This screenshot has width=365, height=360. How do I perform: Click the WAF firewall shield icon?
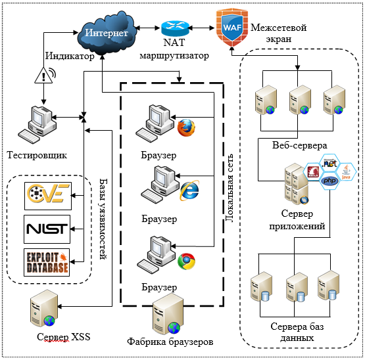[x=232, y=28]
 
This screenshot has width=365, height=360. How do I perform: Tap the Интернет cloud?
[x=106, y=33]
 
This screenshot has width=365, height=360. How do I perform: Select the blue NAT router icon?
[x=175, y=28]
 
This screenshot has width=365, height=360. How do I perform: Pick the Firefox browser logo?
[x=186, y=127]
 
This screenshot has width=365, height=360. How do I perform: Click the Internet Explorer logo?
[x=189, y=191]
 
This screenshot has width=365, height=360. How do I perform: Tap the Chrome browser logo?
[x=186, y=261]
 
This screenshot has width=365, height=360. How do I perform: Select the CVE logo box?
[x=48, y=196]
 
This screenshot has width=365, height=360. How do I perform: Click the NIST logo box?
[x=47, y=229]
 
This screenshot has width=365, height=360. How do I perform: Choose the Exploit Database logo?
[x=47, y=263]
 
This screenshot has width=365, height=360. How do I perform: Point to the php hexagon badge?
[x=330, y=181]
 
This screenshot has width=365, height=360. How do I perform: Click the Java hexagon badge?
[x=346, y=171]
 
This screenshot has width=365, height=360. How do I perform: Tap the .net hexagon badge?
[x=329, y=164]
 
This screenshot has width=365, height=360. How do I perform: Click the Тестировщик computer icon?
[x=37, y=125]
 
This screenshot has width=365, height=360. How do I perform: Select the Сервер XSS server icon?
[x=44, y=308]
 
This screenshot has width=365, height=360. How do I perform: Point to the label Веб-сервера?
[x=300, y=146]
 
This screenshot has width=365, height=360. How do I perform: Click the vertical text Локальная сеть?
[x=230, y=188]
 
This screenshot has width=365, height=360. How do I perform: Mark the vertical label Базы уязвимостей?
[x=103, y=219]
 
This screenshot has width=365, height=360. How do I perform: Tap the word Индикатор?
[x=70, y=56]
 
